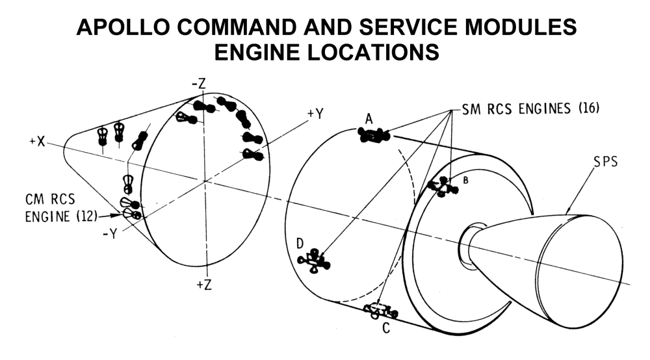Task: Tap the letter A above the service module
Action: click(369, 119)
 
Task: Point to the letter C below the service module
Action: click(386, 328)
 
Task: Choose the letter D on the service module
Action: click(300, 243)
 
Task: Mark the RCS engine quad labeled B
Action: click(443, 187)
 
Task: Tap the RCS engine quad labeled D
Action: click(313, 261)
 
